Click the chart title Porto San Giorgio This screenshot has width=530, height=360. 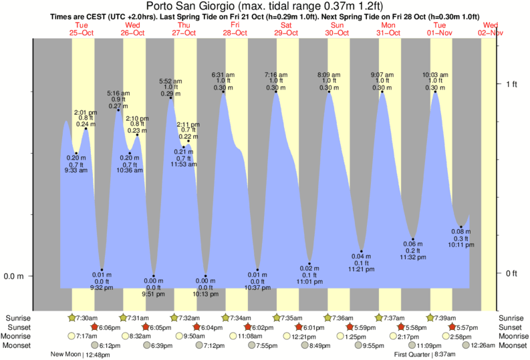tap(265, 7)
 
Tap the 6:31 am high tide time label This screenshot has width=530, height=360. tap(223, 74)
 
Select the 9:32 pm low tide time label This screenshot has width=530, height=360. tap(102, 288)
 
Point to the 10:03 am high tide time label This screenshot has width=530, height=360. tap(435, 75)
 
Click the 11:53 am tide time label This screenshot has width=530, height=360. tap(183, 164)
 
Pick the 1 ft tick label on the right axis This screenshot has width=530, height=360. tap(512, 83)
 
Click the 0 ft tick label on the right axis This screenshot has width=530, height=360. tap(512, 273)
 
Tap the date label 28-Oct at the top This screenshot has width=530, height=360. tap(235, 32)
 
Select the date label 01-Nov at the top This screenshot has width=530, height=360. tap(440, 32)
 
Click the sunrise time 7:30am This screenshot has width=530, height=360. tap(87, 318)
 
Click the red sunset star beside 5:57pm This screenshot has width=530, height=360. tap(452, 327)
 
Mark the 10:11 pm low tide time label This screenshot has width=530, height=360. tap(461, 246)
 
